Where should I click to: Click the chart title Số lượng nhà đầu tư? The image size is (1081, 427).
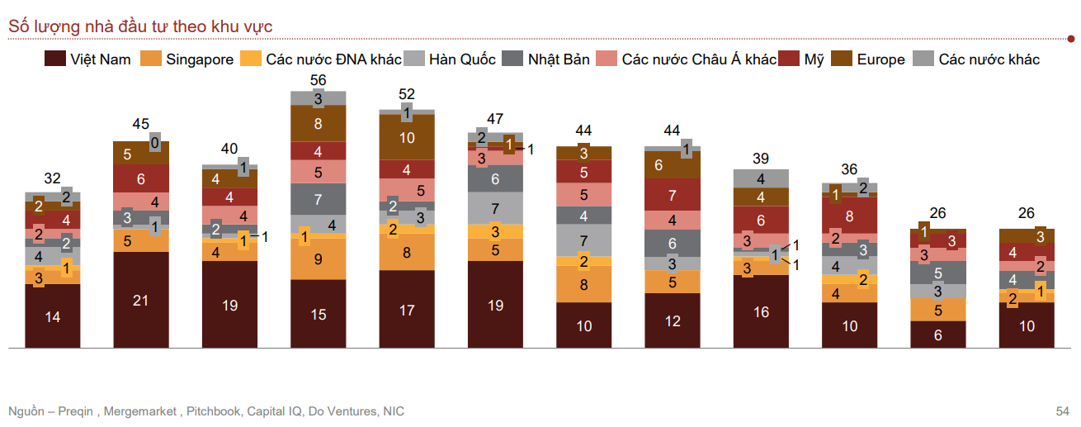click(x=140, y=27)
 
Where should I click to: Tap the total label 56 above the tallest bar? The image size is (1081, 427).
click(x=319, y=80)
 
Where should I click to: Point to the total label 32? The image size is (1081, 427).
click(x=53, y=178)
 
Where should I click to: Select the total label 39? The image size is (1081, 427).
click(x=761, y=158)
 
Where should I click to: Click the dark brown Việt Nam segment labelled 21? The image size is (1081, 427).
click(x=141, y=300)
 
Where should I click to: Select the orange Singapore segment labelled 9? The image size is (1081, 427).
click(x=319, y=259)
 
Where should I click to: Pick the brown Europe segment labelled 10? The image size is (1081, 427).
click(x=407, y=138)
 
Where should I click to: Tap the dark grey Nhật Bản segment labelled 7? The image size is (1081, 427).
click(x=319, y=199)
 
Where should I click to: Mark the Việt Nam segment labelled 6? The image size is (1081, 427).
click(x=937, y=335)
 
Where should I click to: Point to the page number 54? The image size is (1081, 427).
click(x=1062, y=411)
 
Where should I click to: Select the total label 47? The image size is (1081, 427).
click(x=495, y=119)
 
